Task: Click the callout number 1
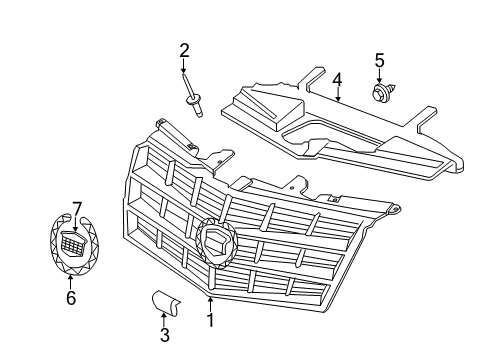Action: (210, 320)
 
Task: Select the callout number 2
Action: (184, 50)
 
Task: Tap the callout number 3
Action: (165, 335)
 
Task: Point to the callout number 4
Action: (337, 80)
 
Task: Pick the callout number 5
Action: (380, 60)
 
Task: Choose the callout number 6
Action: (71, 297)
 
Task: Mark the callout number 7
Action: (77, 209)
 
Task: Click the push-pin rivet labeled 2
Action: (193, 96)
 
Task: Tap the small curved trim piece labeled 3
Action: (165, 303)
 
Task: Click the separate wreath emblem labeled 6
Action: (74, 245)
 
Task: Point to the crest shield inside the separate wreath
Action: (73, 243)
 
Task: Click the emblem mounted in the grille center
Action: (217, 243)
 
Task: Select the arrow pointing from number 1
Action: (210, 304)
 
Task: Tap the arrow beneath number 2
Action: (183, 66)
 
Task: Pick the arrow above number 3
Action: (164, 320)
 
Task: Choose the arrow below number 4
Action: (338, 95)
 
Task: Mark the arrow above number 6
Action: (70, 282)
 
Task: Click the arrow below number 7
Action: (76, 224)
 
